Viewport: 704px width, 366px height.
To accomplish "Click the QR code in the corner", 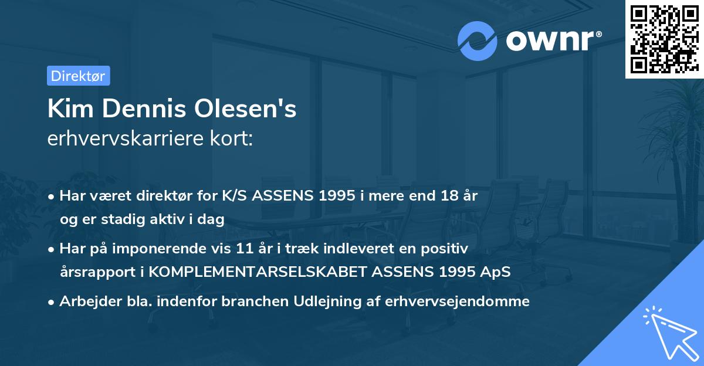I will coord(663,39).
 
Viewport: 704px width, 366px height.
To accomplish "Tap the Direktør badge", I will coord(78,76).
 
